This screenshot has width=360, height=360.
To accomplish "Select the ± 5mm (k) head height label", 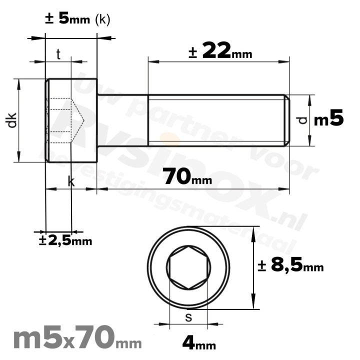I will tap(77, 19).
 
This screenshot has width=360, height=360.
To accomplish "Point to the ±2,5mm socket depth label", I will tap(65, 240).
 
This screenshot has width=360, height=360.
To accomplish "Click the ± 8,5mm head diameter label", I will tap(290, 266).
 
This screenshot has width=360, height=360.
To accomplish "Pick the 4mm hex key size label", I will tap(198, 343).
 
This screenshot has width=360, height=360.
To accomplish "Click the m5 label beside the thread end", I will tap(328, 120).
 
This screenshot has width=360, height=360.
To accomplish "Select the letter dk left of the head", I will tap(12, 120).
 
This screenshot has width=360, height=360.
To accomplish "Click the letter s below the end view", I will tap(188, 317).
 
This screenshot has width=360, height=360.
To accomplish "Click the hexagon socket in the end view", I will tap(188, 268).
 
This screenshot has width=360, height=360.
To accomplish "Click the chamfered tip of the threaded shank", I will tap(286, 120).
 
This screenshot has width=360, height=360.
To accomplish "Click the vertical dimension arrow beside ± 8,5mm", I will tap(254, 268).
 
